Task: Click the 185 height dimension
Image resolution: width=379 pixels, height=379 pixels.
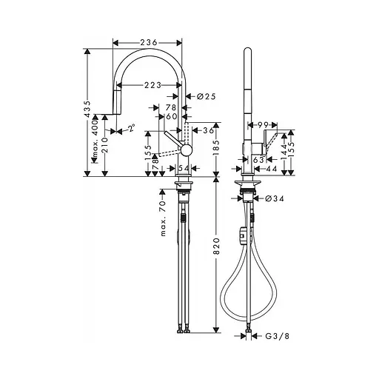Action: tap(216, 152)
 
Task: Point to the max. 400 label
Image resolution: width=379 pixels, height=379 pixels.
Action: tap(95, 142)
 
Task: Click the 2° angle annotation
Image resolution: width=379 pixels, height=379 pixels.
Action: tap(130, 129)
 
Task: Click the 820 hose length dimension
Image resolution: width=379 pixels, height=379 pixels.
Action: tap(216, 251)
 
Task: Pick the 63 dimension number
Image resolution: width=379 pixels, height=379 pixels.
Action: tap(259, 158)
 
